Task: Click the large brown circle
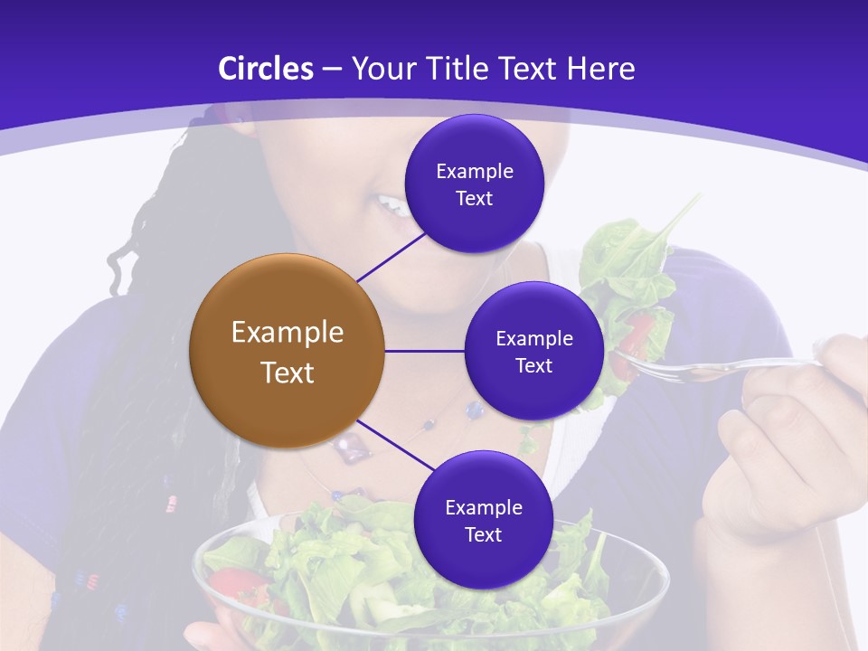click(287, 351)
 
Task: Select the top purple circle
click(474, 184)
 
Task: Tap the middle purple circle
click(533, 351)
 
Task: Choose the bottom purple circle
click(483, 520)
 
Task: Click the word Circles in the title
click(265, 69)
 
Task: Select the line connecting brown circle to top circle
click(391, 257)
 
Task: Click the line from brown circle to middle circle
click(424, 351)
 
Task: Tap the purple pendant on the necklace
click(349, 444)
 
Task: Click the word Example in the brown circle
click(287, 333)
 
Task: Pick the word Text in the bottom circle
click(483, 534)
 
